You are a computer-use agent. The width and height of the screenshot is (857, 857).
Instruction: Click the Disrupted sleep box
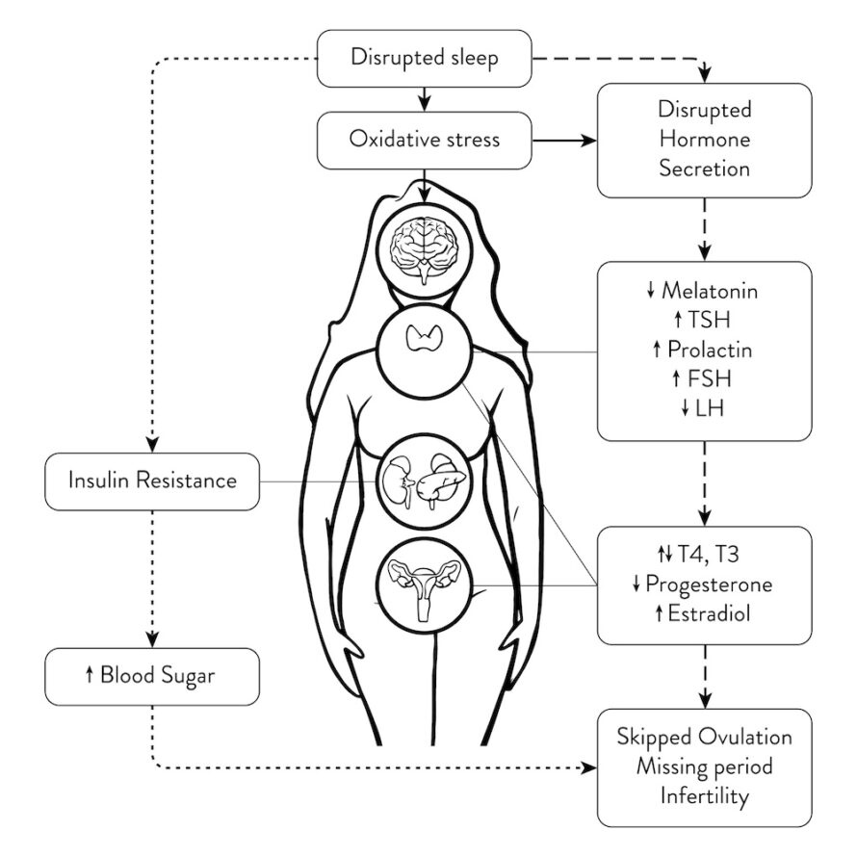(425, 59)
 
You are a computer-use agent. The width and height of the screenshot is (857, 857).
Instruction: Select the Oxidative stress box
(425, 139)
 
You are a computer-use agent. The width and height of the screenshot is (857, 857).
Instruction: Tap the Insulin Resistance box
(152, 480)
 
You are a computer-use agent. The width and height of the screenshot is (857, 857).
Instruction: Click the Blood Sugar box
(152, 676)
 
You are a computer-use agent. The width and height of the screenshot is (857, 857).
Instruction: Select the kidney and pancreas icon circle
(425, 478)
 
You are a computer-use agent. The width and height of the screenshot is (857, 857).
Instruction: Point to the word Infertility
(705, 796)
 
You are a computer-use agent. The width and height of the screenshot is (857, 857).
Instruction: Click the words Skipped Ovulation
(705, 738)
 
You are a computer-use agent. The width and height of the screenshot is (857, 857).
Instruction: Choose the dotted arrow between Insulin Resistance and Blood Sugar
(152, 578)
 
